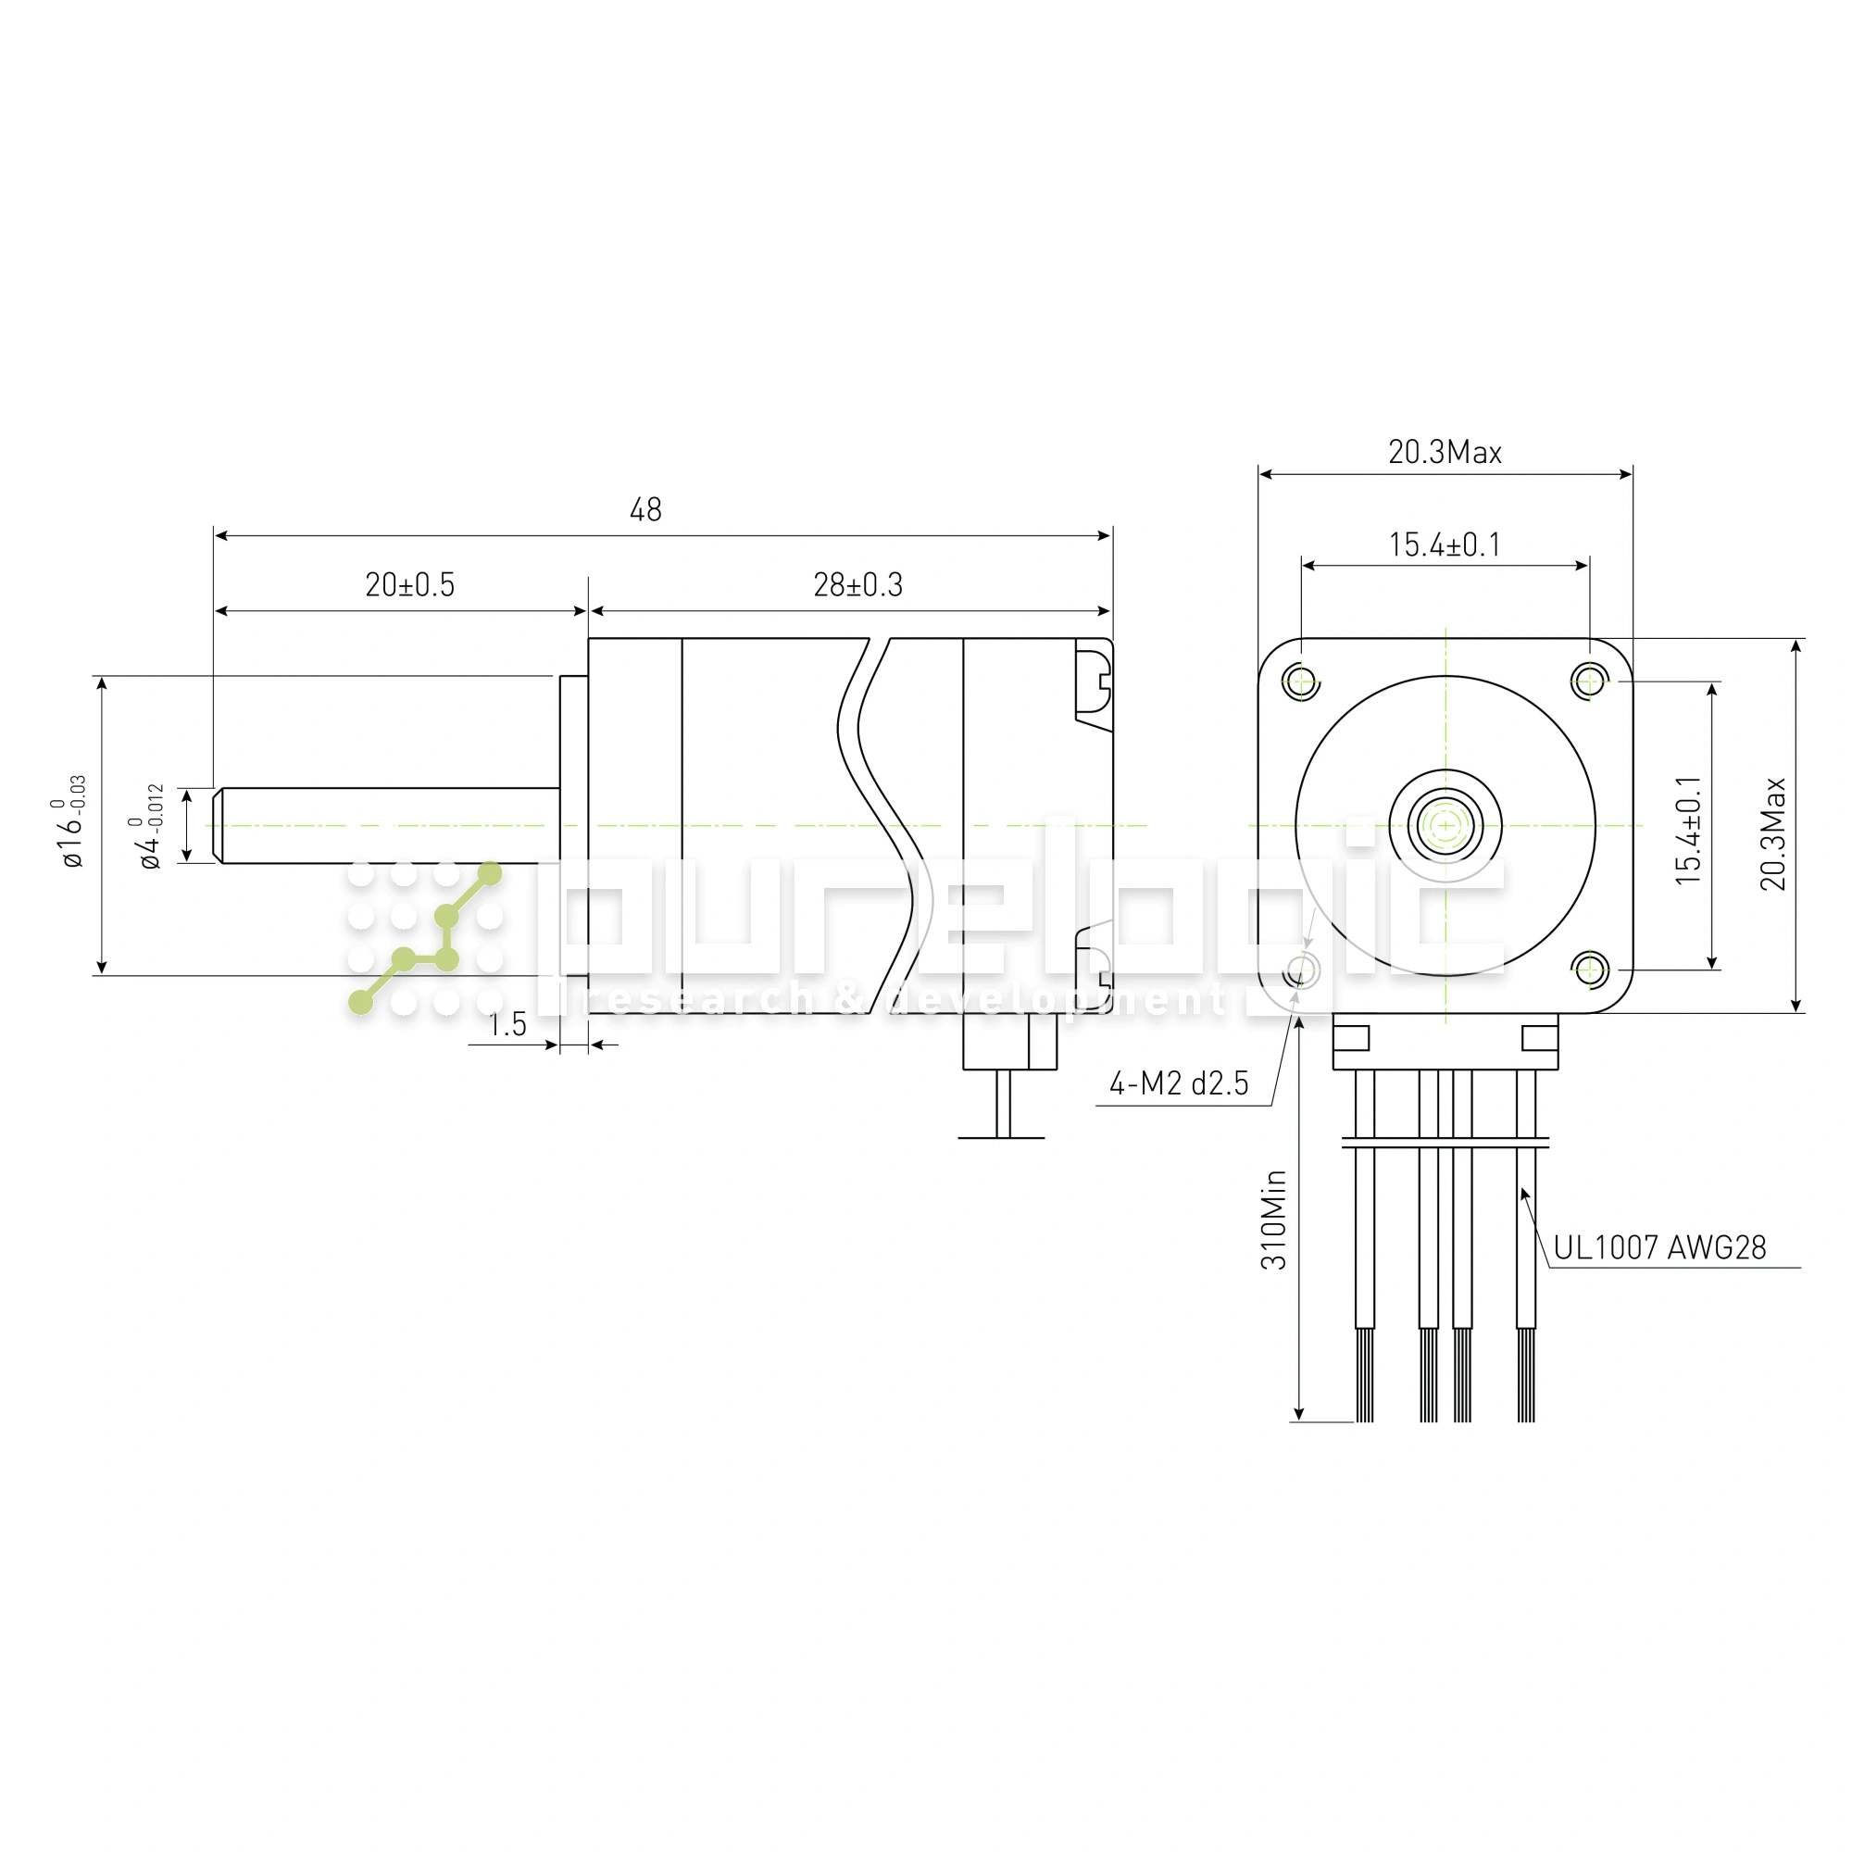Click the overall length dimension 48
point(645,510)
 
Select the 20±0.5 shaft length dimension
point(410,584)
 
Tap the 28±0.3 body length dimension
point(858,584)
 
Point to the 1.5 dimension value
point(508,1025)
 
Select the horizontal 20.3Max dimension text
point(1445,453)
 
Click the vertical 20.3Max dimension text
point(1773,834)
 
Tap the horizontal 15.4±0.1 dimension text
point(1445,545)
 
